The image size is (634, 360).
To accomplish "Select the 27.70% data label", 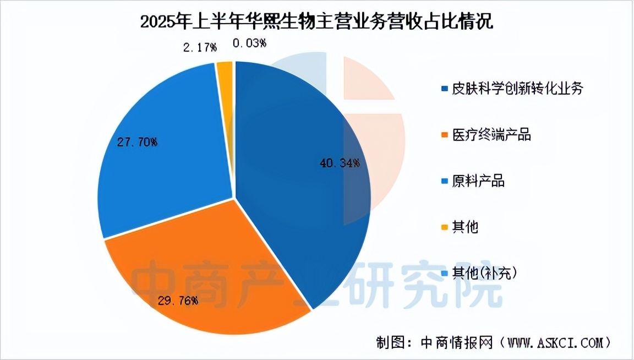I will [137, 143].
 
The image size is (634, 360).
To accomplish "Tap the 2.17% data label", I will [199, 47].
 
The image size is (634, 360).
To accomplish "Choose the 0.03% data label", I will [249, 43].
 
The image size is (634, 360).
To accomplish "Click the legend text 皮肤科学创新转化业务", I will [516, 89].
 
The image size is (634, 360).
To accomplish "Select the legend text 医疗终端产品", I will [491, 134].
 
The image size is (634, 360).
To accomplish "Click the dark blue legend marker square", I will [444, 89].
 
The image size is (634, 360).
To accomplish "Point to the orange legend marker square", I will [444, 135].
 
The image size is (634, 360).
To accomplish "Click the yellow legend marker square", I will [444, 227].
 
